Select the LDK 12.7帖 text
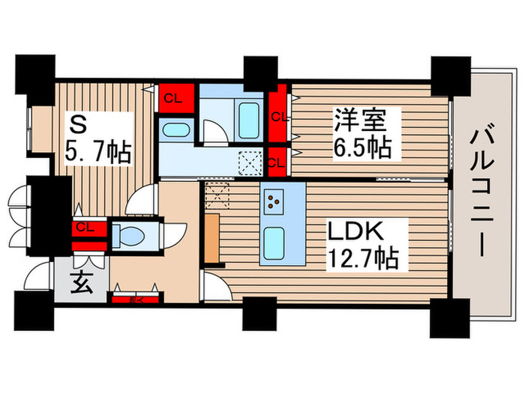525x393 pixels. [x=364, y=246]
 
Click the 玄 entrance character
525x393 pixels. [x=82, y=284]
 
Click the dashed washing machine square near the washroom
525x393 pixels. [x=248, y=161]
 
